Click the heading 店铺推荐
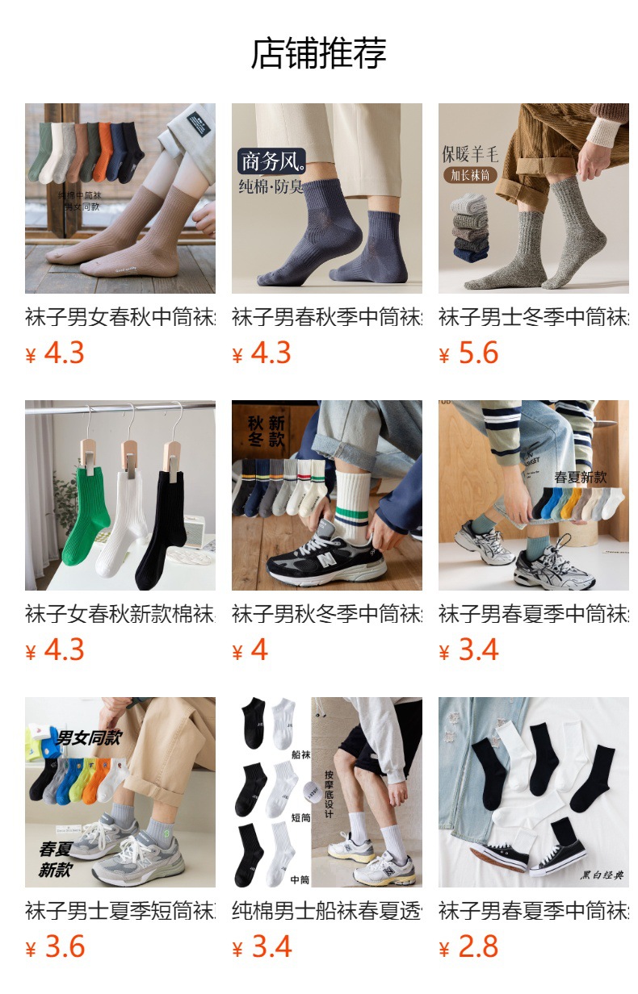[319, 53]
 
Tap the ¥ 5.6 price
[469, 353]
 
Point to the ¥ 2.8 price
[469, 947]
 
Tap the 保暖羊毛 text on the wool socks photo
[470, 153]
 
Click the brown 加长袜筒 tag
[470, 175]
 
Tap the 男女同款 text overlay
[89, 737]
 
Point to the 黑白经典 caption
[602, 875]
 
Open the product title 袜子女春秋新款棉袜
[120, 615]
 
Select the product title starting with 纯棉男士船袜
[327, 912]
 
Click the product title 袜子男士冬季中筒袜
[534, 318]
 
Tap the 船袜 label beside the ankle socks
[300, 754]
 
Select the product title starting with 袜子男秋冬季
[327, 615]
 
